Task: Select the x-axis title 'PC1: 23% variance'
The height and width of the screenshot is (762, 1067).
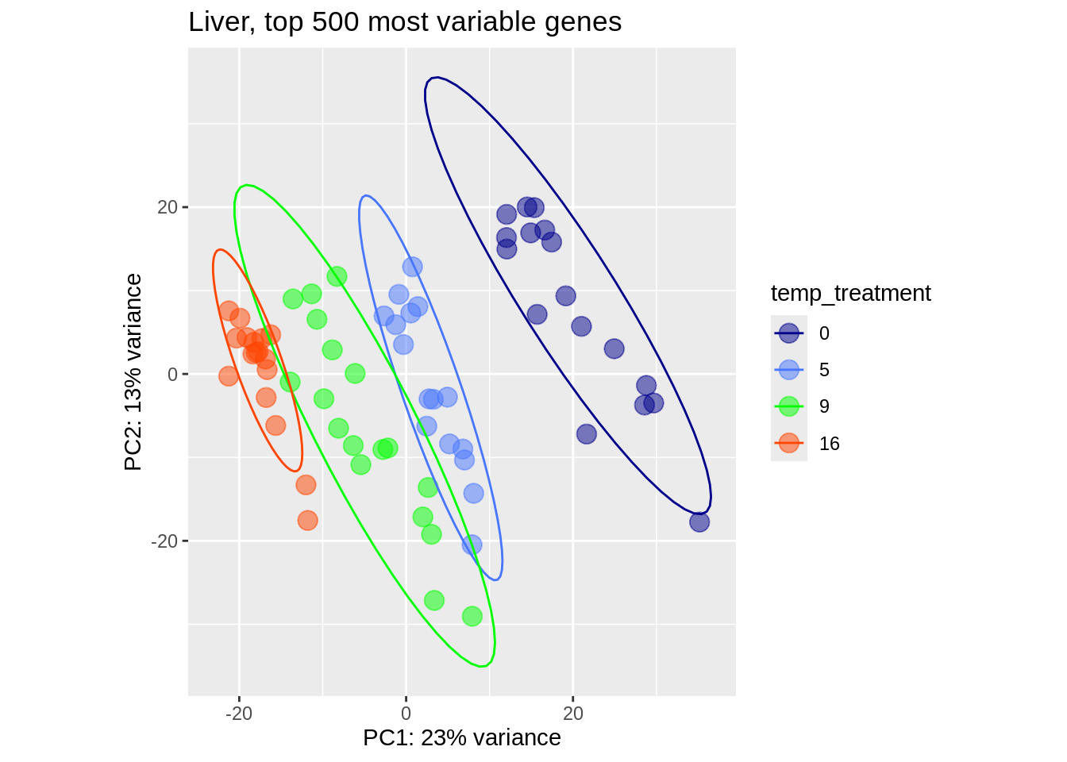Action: tap(461, 738)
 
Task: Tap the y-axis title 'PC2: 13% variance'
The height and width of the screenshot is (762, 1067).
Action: tap(133, 371)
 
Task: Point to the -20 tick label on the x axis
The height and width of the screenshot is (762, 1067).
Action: tap(238, 714)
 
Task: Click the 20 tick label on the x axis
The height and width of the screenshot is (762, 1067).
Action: tap(572, 714)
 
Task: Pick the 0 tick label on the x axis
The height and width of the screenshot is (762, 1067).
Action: tap(406, 714)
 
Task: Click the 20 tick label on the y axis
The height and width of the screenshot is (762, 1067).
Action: tap(167, 207)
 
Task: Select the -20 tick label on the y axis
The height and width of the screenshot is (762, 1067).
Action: tap(164, 541)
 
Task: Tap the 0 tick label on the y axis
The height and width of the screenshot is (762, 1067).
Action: tap(172, 374)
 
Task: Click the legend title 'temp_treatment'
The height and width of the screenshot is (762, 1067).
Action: tap(850, 294)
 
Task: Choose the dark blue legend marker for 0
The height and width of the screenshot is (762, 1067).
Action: tap(788, 333)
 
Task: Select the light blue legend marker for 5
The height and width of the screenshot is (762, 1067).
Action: tap(788, 370)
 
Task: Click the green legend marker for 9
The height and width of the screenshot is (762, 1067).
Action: tap(788, 406)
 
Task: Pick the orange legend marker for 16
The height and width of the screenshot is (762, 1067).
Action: tap(788, 444)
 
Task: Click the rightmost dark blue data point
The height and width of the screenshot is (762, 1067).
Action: tap(699, 522)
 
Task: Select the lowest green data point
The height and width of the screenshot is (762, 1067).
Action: tap(472, 616)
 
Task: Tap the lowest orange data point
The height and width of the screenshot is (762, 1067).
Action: tap(308, 521)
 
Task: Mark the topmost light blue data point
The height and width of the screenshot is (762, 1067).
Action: tap(412, 267)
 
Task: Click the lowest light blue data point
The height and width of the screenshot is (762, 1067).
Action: tap(472, 545)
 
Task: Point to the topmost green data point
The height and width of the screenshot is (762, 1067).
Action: tap(337, 276)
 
